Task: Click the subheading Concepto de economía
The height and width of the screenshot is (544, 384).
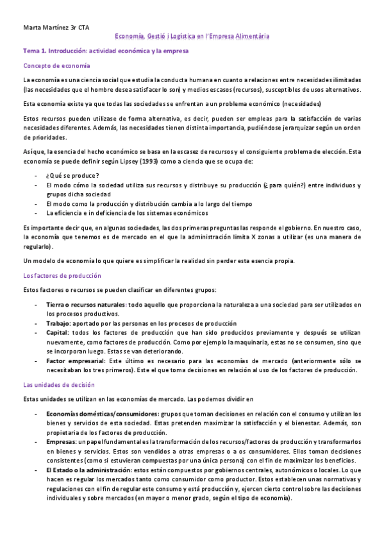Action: pyautogui.click(x=56, y=66)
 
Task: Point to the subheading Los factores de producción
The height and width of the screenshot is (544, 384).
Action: pyautogui.click(x=62, y=275)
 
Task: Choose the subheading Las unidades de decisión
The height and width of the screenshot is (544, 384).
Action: pyautogui.click(x=58, y=384)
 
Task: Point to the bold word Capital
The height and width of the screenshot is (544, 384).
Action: pyautogui.click(x=58, y=334)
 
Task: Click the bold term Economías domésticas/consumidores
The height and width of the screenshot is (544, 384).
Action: pyautogui.click(x=101, y=414)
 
